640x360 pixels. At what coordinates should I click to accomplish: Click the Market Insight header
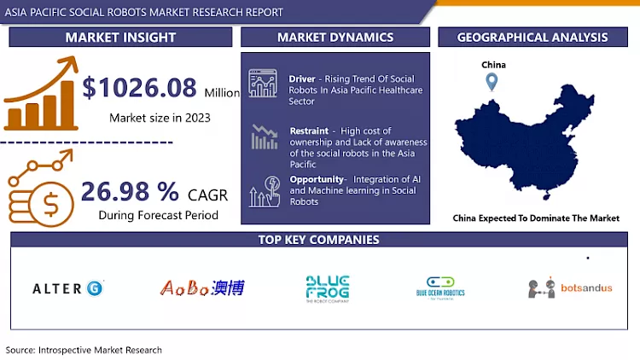[120, 38]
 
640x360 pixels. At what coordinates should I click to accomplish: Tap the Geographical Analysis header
[532, 38]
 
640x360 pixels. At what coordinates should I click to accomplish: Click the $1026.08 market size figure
[141, 88]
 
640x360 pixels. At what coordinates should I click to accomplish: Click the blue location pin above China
[492, 83]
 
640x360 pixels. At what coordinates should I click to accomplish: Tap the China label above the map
[492, 65]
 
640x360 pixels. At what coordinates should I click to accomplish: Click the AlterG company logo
[68, 288]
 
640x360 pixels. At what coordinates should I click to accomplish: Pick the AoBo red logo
[202, 288]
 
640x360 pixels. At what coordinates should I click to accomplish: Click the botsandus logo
[569, 287]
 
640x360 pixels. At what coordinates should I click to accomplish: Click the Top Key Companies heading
[320, 240]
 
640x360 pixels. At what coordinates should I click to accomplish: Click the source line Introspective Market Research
[84, 350]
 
